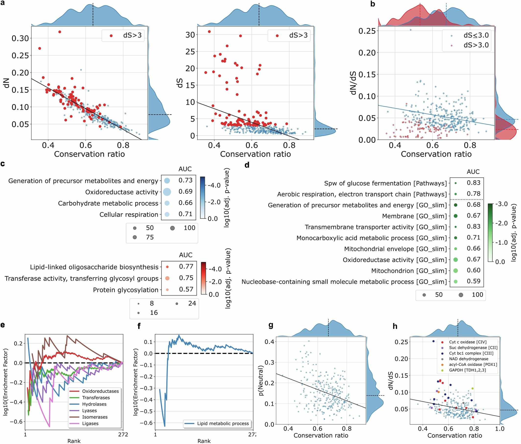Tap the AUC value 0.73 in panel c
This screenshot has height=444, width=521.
[185, 180]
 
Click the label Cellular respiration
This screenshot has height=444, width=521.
[129, 215]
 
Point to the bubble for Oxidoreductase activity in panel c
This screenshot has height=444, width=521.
[167, 192]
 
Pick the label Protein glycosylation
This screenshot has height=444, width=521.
[126, 290]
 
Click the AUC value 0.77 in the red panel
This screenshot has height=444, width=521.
[186, 266]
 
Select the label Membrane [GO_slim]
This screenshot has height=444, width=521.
[414, 216]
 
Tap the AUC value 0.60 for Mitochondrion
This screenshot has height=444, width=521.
[474, 270]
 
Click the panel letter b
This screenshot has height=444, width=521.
[373, 4]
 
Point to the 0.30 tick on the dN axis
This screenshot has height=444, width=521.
[20, 38]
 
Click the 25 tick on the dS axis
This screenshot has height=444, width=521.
[190, 52]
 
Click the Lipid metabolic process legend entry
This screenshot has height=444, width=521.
[223, 423]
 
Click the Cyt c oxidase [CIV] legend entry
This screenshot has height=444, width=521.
[467, 342]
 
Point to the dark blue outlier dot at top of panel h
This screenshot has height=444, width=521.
[433, 341]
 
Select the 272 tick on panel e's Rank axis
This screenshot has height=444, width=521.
[123, 434]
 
